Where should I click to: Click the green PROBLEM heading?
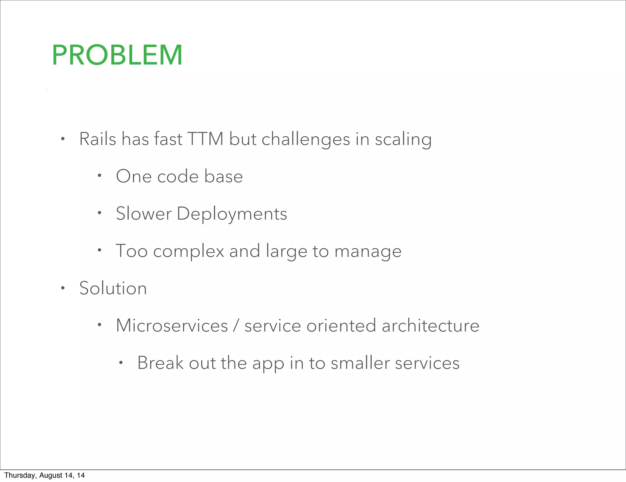tap(117, 55)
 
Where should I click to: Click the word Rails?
tap(98, 139)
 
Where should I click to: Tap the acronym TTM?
tap(205, 139)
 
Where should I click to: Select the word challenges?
tap(306, 140)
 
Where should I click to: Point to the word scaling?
tap(403, 140)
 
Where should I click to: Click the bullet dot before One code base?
tap(99, 176)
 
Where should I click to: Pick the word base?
tap(223, 176)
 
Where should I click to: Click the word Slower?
tap(144, 213)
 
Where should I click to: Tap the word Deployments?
tap(232, 214)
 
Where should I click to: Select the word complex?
tap(189, 251)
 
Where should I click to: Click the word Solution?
tap(113, 288)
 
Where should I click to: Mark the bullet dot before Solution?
tap(63, 288)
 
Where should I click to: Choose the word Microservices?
tap(172, 325)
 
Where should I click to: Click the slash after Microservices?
tap(236, 325)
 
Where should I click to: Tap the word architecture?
tap(430, 325)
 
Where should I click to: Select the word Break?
tap(160, 363)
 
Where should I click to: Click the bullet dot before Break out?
tap(121, 363)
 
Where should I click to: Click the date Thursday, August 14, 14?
tap(45, 475)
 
